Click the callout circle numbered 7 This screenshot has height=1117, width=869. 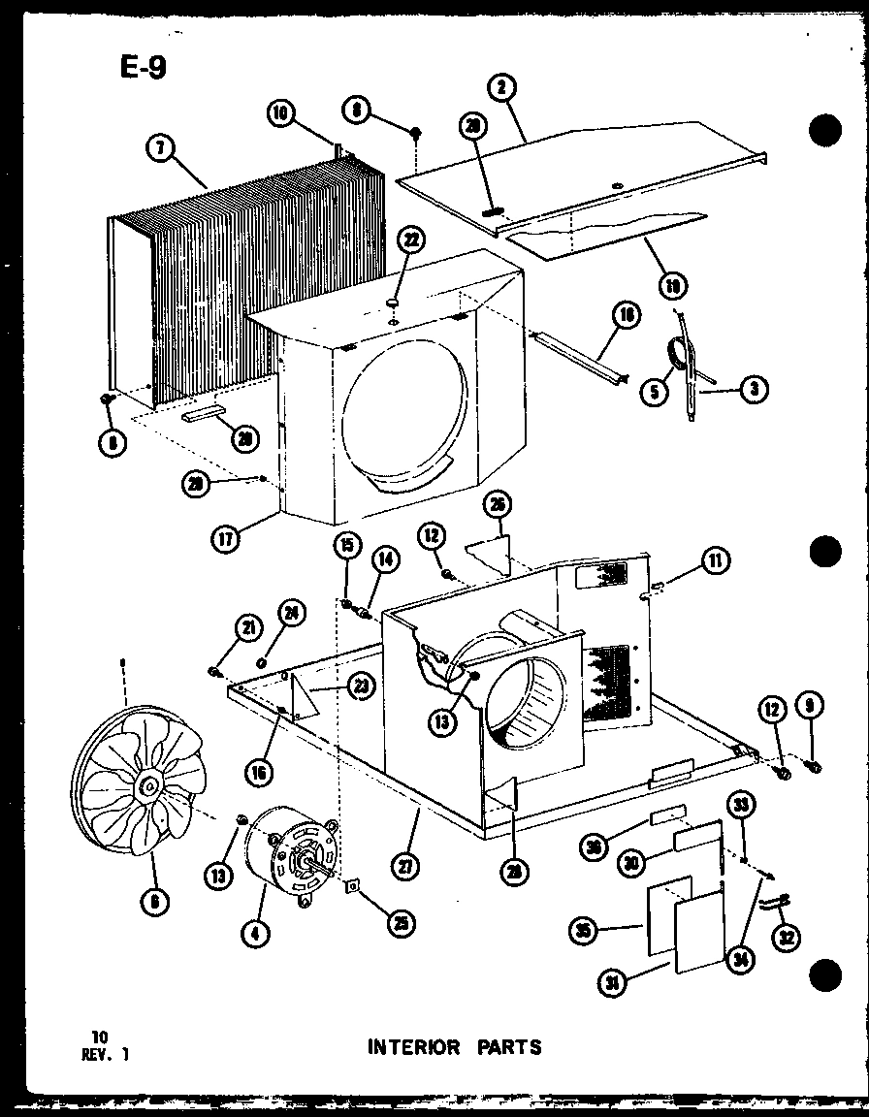tap(158, 148)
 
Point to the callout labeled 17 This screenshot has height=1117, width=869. tap(226, 539)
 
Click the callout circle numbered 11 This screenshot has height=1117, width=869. tap(717, 560)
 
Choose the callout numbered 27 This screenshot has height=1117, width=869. tap(408, 865)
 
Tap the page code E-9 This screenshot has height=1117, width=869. tap(132, 69)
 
